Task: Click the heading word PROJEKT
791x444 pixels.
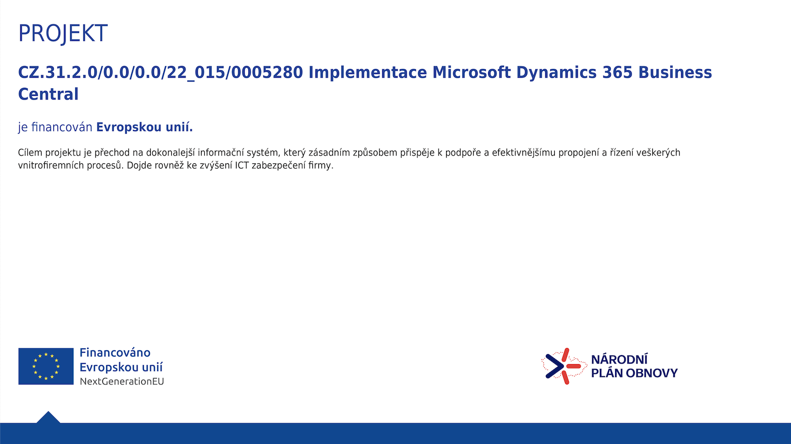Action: (x=62, y=34)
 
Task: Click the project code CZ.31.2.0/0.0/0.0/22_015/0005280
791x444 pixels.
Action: (x=160, y=73)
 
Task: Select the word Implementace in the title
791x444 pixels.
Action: (x=368, y=72)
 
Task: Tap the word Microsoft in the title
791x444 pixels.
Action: (x=471, y=72)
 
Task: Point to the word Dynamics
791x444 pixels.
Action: (x=556, y=73)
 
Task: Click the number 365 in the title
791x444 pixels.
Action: (x=617, y=72)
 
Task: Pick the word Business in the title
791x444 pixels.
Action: (x=675, y=72)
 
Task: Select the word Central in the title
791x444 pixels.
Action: (x=49, y=94)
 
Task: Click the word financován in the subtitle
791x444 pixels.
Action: (x=62, y=127)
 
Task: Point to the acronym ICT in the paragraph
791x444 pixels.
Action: (x=242, y=166)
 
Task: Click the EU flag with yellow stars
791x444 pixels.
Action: (x=46, y=366)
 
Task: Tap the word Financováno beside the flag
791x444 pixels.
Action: (x=115, y=352)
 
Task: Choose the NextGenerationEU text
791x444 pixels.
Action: (x=122, y=381)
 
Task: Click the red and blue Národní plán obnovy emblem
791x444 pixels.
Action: (x=564, y=366)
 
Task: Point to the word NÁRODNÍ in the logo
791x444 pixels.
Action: (x=619, y=359)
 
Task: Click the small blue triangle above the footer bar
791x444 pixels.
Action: (x=49, y=417)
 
